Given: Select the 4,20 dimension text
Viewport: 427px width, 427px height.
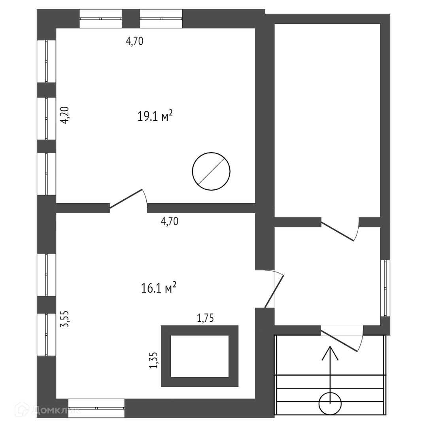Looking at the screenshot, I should [x=66, y=115].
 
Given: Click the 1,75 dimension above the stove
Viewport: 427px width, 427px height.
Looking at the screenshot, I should [x=205, y=318].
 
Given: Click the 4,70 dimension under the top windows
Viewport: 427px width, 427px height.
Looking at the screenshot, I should [x=134, y=41].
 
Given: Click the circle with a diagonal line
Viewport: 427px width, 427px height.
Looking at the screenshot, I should [x=211, y=171].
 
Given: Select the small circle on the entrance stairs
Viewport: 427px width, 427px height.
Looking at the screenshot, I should [x=330, y=404].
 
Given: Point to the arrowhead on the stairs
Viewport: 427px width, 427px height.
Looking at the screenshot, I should [x=330, y=352].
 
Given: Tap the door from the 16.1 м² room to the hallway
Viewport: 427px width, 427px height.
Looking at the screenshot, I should [x=274, y=290].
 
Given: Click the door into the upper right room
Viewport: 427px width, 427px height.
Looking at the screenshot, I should [x=338, y=231].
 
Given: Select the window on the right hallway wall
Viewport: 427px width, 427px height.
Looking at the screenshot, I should [x=385, y=288].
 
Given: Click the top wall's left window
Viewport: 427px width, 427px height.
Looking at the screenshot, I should [x=101, y=19].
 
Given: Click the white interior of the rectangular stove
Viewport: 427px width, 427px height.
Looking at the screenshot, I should [x=200, y=356].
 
